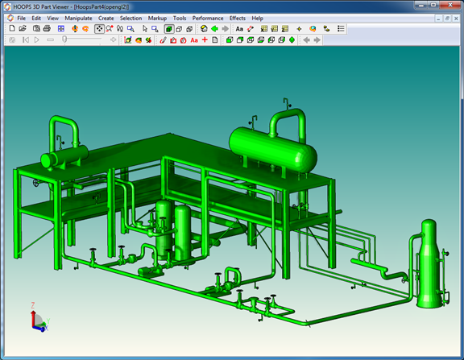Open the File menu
click(x=21, y=19)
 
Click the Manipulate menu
click(x=78, y=19)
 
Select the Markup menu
click(x=157, y=19)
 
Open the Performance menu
click(x=208, y=19)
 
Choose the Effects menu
click(x=238, y=19)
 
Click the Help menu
click(x=258, y=19)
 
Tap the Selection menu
click(x=130, y=19)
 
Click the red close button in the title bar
click(x=450, y=5)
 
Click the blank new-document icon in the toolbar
click(x=12, y=28)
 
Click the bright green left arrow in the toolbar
click(x=214, y=29)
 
